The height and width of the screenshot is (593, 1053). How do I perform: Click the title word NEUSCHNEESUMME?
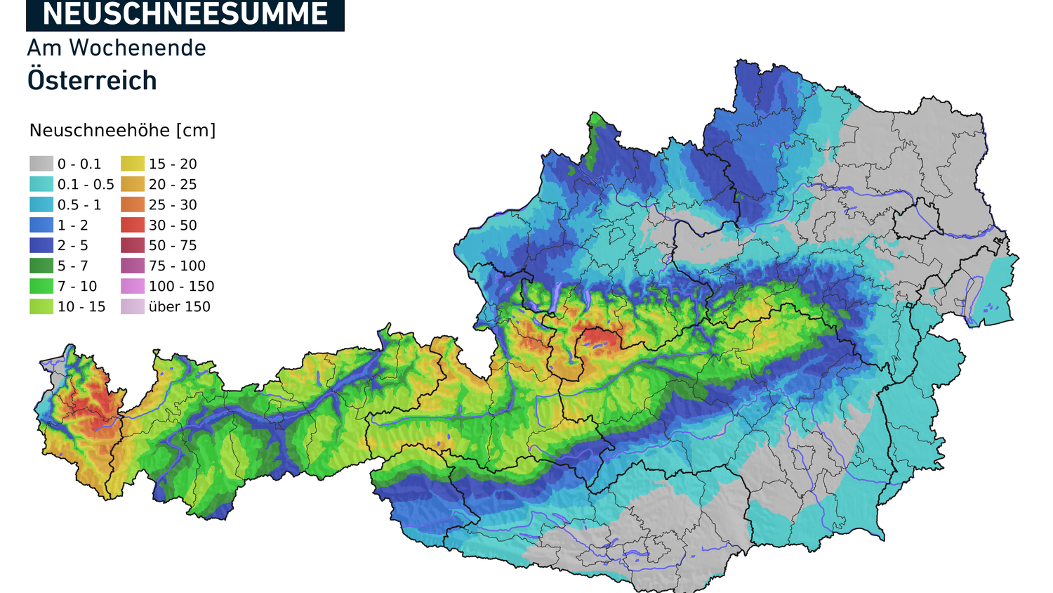[185, 14]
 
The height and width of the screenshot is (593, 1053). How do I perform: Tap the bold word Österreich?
[92, 81]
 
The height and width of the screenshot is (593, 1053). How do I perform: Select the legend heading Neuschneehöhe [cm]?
[122, 131]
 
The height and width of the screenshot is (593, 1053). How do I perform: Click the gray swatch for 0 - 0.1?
[41, 164]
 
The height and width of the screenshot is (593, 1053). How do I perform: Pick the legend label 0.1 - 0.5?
[86, 185]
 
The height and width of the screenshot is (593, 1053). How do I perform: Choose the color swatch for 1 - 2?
[41, 225]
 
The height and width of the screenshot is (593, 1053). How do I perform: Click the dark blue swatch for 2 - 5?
[41, 245]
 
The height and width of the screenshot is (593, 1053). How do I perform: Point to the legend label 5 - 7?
[73, 266]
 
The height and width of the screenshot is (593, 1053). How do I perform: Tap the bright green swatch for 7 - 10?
[41, 286]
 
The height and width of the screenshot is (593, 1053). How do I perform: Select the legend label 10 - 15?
[81, 307]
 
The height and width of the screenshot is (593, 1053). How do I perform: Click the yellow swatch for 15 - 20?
[133, 164]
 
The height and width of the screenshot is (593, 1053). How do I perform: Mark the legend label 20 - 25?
[173, 185]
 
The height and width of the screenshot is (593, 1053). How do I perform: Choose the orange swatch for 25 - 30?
[133, 204]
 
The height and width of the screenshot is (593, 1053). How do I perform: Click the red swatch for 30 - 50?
[133, 225]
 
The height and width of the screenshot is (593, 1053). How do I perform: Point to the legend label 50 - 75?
[173, 246]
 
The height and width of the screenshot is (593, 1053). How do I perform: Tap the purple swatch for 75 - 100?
[133, 266]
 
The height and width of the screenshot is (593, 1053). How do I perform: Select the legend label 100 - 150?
[181, 287]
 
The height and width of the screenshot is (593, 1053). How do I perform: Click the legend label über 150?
[180, 307]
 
